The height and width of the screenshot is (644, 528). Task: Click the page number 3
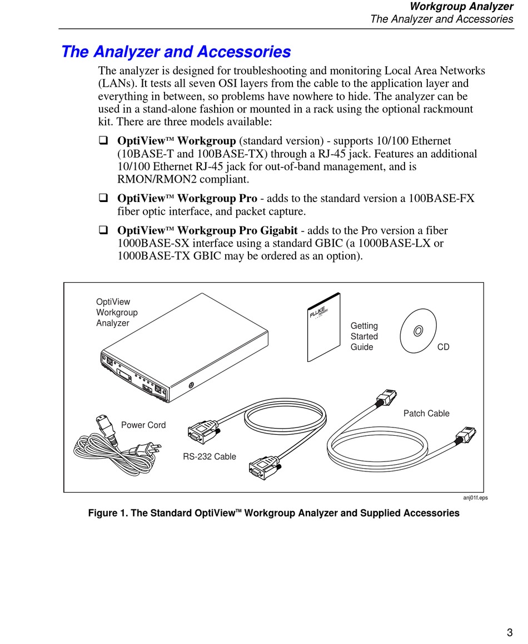pyautogui.click(x=510, y=632)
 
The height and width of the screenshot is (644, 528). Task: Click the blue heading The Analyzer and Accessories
pyautogui.click(x=176, y=52)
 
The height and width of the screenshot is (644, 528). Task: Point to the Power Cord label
pyautogui.click(x=143, y=425)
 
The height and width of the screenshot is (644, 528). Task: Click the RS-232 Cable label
pyautogui.click(x=210, y=457)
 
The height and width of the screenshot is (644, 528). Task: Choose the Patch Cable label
pyautogui.click(x=426, y=414)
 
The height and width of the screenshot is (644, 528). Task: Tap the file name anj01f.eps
pyautogui.click(x=475, y=498)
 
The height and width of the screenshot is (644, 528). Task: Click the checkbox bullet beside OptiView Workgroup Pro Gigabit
pyautogui.click(x=103, y=230)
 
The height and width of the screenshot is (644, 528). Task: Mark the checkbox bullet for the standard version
pyautogui.click(x=103, y=141)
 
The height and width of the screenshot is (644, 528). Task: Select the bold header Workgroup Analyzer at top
pyautogui.click(x=461, y=7)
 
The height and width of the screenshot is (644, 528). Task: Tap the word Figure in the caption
pyautogui.click(x=103, y=513)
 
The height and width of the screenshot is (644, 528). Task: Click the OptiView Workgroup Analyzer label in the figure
pyautogui.click(x=117, y=312)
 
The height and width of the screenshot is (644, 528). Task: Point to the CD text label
pyautogui.click(x=443, y=347)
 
